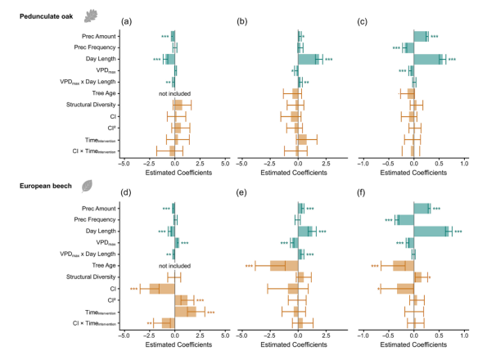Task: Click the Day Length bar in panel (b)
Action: tap(309, 59)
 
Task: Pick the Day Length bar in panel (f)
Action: tap(431, 232)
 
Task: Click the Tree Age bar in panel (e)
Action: tap(283, 266)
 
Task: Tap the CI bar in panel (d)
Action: tap(161, 289)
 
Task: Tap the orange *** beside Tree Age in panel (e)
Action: tap(250, 267)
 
